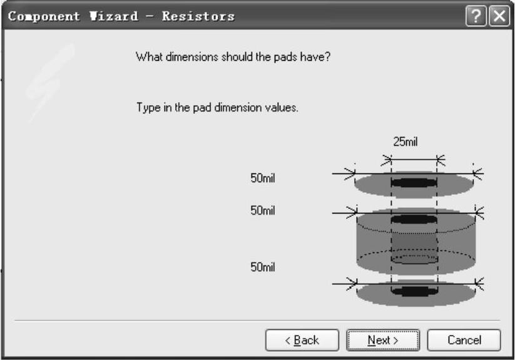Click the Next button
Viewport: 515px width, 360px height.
(382, 340)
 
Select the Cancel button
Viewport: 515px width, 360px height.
(464, 340)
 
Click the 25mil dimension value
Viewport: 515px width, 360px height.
(405, 142)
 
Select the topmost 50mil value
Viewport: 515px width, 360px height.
(263, 178)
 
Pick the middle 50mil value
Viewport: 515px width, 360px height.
(263, 211)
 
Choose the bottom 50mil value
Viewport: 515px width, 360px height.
(263, 267)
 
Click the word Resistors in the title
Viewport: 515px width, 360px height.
(198, 16)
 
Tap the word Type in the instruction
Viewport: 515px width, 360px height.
(146, 108)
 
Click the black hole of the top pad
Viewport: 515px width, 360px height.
(413, 183)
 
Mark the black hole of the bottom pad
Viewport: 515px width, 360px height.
(413, 291)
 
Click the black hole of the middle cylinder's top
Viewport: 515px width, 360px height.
(413, 220)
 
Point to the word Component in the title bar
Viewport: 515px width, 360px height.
(44, 16)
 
